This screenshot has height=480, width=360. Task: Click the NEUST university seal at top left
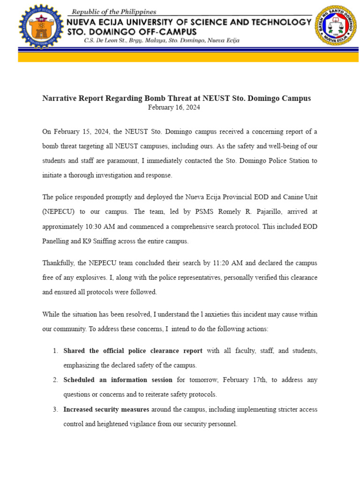click(40, 26)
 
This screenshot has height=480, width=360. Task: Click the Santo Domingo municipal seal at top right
click(336, 26)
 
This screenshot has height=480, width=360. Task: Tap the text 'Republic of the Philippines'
click(113, 12)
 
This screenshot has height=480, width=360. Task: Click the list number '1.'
click(55, 351)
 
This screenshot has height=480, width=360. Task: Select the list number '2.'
click(55, 380)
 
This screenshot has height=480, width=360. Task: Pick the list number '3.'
click(55, 409)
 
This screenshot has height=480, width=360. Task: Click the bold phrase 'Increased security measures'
click(106, 409)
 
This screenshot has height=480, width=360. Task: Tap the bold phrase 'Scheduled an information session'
click(118, 380)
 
